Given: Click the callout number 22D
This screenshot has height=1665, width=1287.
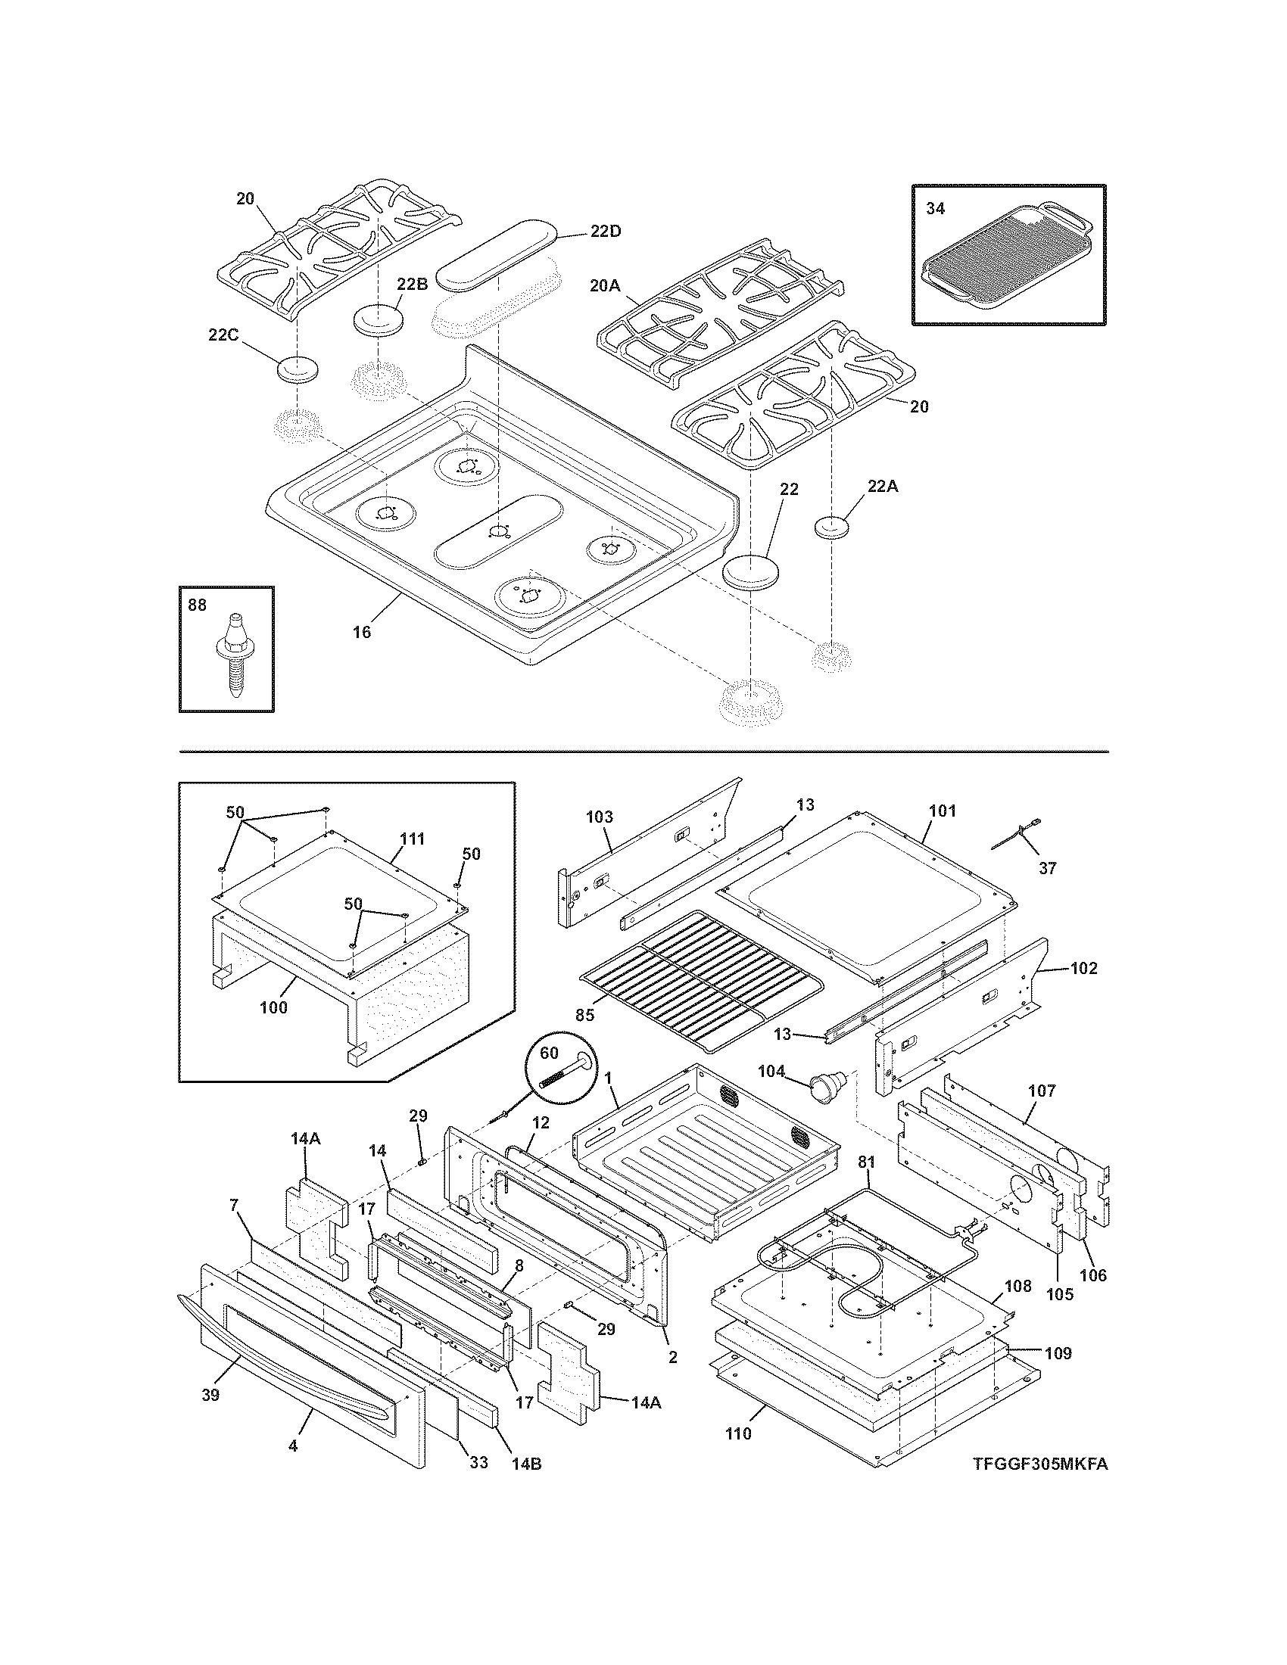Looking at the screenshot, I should (x=605, y=231).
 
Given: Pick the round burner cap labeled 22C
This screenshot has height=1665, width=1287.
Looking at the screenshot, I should (x=298, y=369).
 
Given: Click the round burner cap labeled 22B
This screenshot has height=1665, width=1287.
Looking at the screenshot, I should (x=379, y=318).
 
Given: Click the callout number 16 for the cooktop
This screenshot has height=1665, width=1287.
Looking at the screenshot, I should (x=361, y=632).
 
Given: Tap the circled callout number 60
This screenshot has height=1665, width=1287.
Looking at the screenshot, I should (x=549, y=1053).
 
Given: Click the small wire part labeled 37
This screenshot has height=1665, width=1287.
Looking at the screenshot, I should (x=1020, y=832).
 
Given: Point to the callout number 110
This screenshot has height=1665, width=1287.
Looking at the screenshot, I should (x=738, y=1433).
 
